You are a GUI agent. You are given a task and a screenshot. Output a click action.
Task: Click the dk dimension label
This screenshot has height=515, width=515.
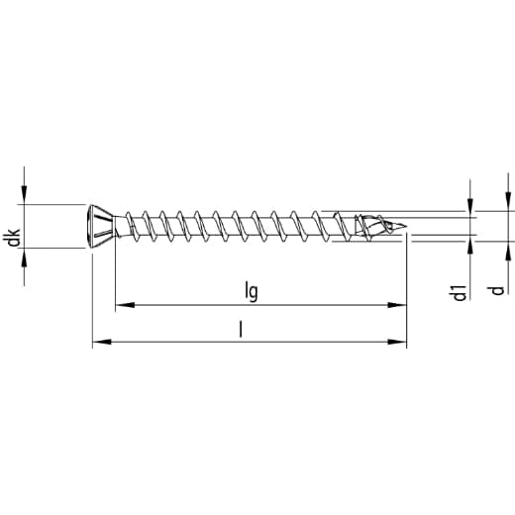[x=14, y=238]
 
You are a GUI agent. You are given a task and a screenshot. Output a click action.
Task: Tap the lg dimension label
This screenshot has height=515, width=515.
[x=252, y=291]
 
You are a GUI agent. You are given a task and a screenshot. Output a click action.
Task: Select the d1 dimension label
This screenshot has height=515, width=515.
[x=460, y=292]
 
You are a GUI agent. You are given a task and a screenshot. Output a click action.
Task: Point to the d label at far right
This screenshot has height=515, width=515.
[x=497, y=290]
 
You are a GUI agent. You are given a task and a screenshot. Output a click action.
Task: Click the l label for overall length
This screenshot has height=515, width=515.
[x=241, y=330]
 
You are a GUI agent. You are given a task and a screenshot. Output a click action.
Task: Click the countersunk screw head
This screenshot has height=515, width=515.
[x=102, y=226]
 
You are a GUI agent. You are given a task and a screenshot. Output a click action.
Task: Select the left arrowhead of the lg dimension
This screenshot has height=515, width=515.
[x=125, y=305]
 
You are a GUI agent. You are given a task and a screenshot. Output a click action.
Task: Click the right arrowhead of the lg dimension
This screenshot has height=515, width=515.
[x=397, y=305]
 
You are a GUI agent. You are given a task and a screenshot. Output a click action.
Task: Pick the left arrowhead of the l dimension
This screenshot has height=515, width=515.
[x=102, y=342]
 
